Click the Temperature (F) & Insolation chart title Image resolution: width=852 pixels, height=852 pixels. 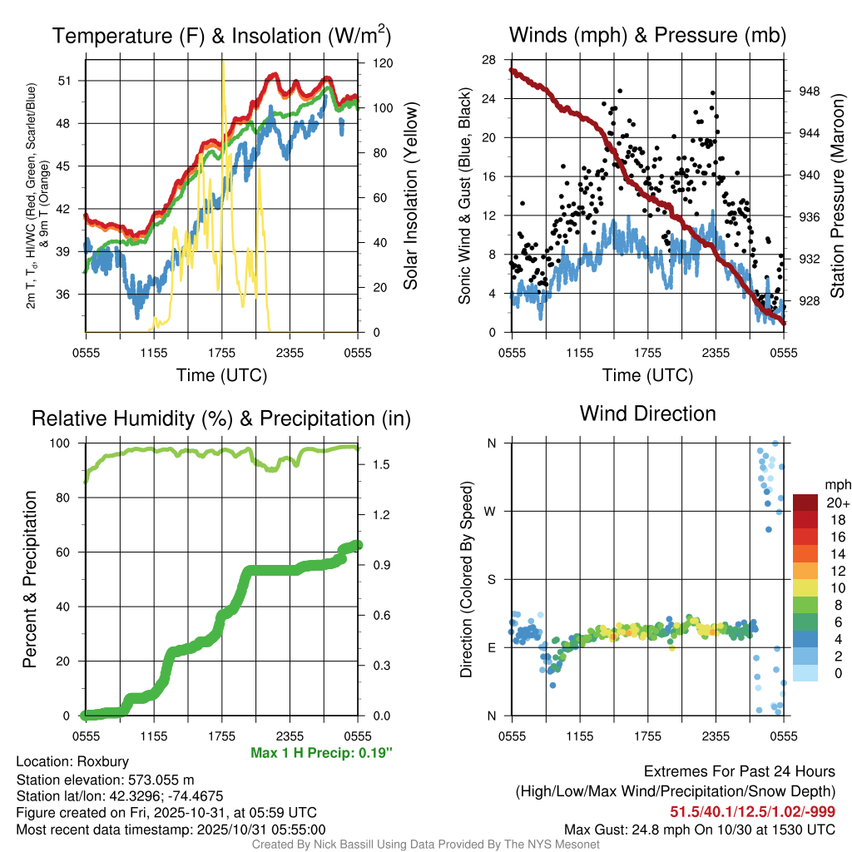pos(221,37)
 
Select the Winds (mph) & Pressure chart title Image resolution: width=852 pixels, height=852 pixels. pos(647,36)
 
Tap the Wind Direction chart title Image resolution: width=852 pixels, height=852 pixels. pos(647,414)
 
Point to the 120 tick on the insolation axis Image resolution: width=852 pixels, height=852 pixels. pos(383,63)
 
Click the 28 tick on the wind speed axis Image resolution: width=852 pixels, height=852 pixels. pos(489,59)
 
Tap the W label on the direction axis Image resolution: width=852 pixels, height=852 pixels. pos(490,511)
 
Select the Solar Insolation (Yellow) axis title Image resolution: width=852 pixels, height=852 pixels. pos(409,196)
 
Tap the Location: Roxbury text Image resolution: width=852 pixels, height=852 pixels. pos(72,761)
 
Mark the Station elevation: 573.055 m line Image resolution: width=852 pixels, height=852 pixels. pos(105,780)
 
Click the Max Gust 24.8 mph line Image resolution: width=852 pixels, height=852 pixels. pos(699,829)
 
